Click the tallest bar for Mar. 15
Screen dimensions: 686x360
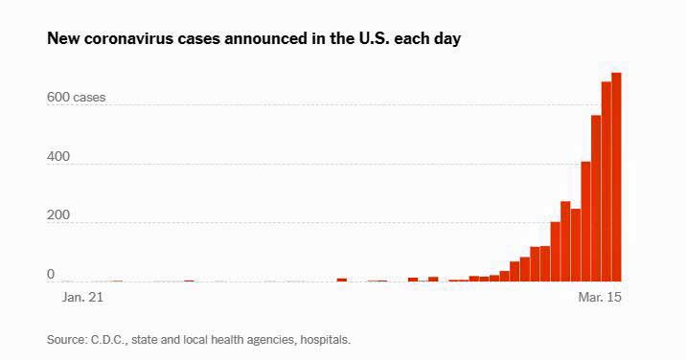pos(616,177)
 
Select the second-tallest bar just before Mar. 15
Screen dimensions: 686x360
pos(606,182)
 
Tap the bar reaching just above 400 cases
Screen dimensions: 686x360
pos(585,222)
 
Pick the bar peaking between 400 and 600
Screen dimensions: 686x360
pos(596,198)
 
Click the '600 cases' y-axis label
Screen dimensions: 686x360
pos(76,97)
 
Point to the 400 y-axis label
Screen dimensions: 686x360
pos(58,157)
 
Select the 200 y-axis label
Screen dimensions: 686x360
pos(58,215)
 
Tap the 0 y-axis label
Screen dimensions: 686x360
pos(51,274)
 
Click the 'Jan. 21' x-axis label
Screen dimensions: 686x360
pos(82,298)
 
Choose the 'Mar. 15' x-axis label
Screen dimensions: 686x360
pos(600,298)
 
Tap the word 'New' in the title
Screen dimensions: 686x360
pos(63,38)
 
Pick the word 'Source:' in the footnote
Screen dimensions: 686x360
pos(67,340)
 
